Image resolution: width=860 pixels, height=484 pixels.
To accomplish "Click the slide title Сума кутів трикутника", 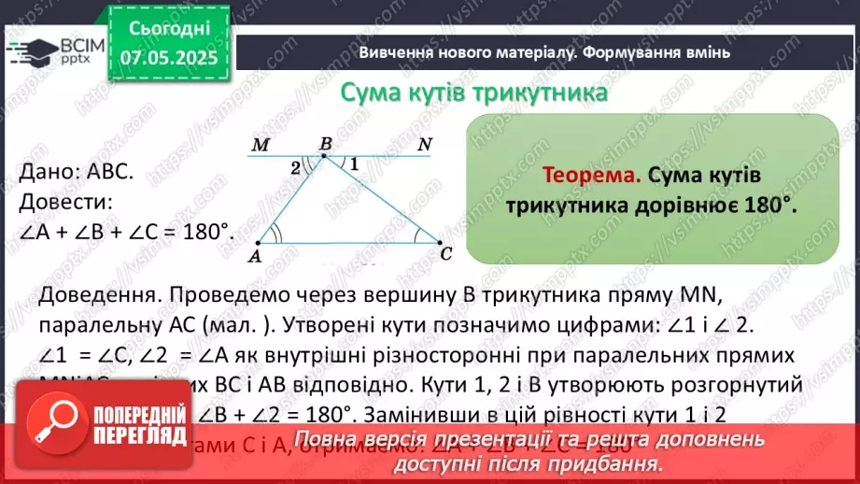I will tap(473, 93).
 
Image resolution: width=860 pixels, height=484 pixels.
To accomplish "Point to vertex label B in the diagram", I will tap(325, 144).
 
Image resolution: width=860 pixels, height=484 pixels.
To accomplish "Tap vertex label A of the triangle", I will tap(256, 253).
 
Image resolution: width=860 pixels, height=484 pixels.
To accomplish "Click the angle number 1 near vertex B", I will tap(355, 162).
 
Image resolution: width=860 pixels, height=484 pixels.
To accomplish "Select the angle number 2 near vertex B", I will tap(296, 168).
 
